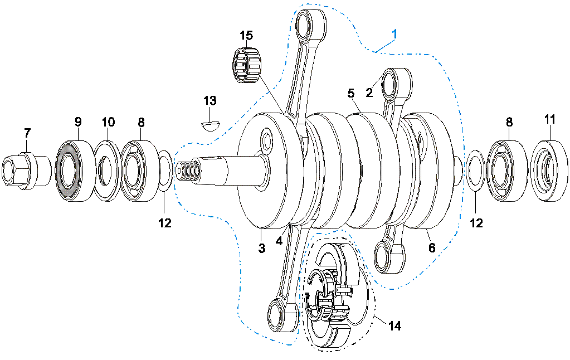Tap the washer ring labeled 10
point(107,171)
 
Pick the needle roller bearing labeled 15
point(247,65)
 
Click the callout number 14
point(394,325)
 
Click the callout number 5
point(351,93)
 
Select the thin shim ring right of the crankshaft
point(475,170)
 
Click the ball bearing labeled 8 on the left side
point(139,169)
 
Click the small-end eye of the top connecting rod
point(310,25)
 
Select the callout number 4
point(280,241)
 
